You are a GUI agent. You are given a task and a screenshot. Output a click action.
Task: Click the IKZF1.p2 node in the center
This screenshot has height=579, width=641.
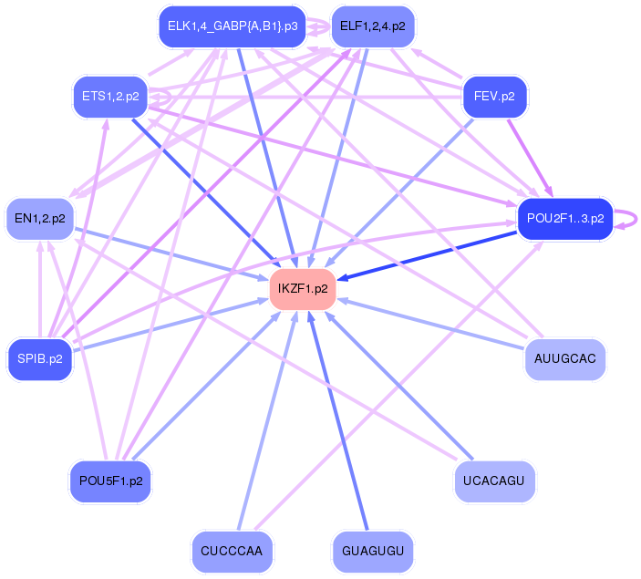coord(303,289)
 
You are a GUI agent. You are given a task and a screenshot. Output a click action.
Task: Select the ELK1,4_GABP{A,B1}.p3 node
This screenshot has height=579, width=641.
coord(232,26)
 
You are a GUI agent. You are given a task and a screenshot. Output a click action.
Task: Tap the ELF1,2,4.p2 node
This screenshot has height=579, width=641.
coord(372,26)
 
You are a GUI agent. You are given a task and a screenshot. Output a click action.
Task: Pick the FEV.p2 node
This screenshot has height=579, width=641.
coord(495,95)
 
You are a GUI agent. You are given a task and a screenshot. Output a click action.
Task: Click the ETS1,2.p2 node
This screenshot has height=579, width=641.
coord(110,95)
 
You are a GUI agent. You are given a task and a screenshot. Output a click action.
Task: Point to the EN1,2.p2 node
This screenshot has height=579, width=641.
coord(40,219)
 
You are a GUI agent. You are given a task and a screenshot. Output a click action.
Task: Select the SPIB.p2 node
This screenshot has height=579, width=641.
coord(39,358)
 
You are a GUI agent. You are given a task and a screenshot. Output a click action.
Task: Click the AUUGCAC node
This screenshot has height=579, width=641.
coord(565,358)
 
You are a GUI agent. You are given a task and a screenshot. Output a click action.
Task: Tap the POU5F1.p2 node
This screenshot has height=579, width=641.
coord(110,481)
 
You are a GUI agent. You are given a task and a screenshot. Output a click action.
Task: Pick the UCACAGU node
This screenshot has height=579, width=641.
coord(494,481)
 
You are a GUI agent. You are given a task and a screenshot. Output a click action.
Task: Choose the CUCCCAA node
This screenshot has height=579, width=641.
coord(233,551)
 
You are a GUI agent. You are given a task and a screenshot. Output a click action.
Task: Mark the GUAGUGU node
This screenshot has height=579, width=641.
coord(372,551)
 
